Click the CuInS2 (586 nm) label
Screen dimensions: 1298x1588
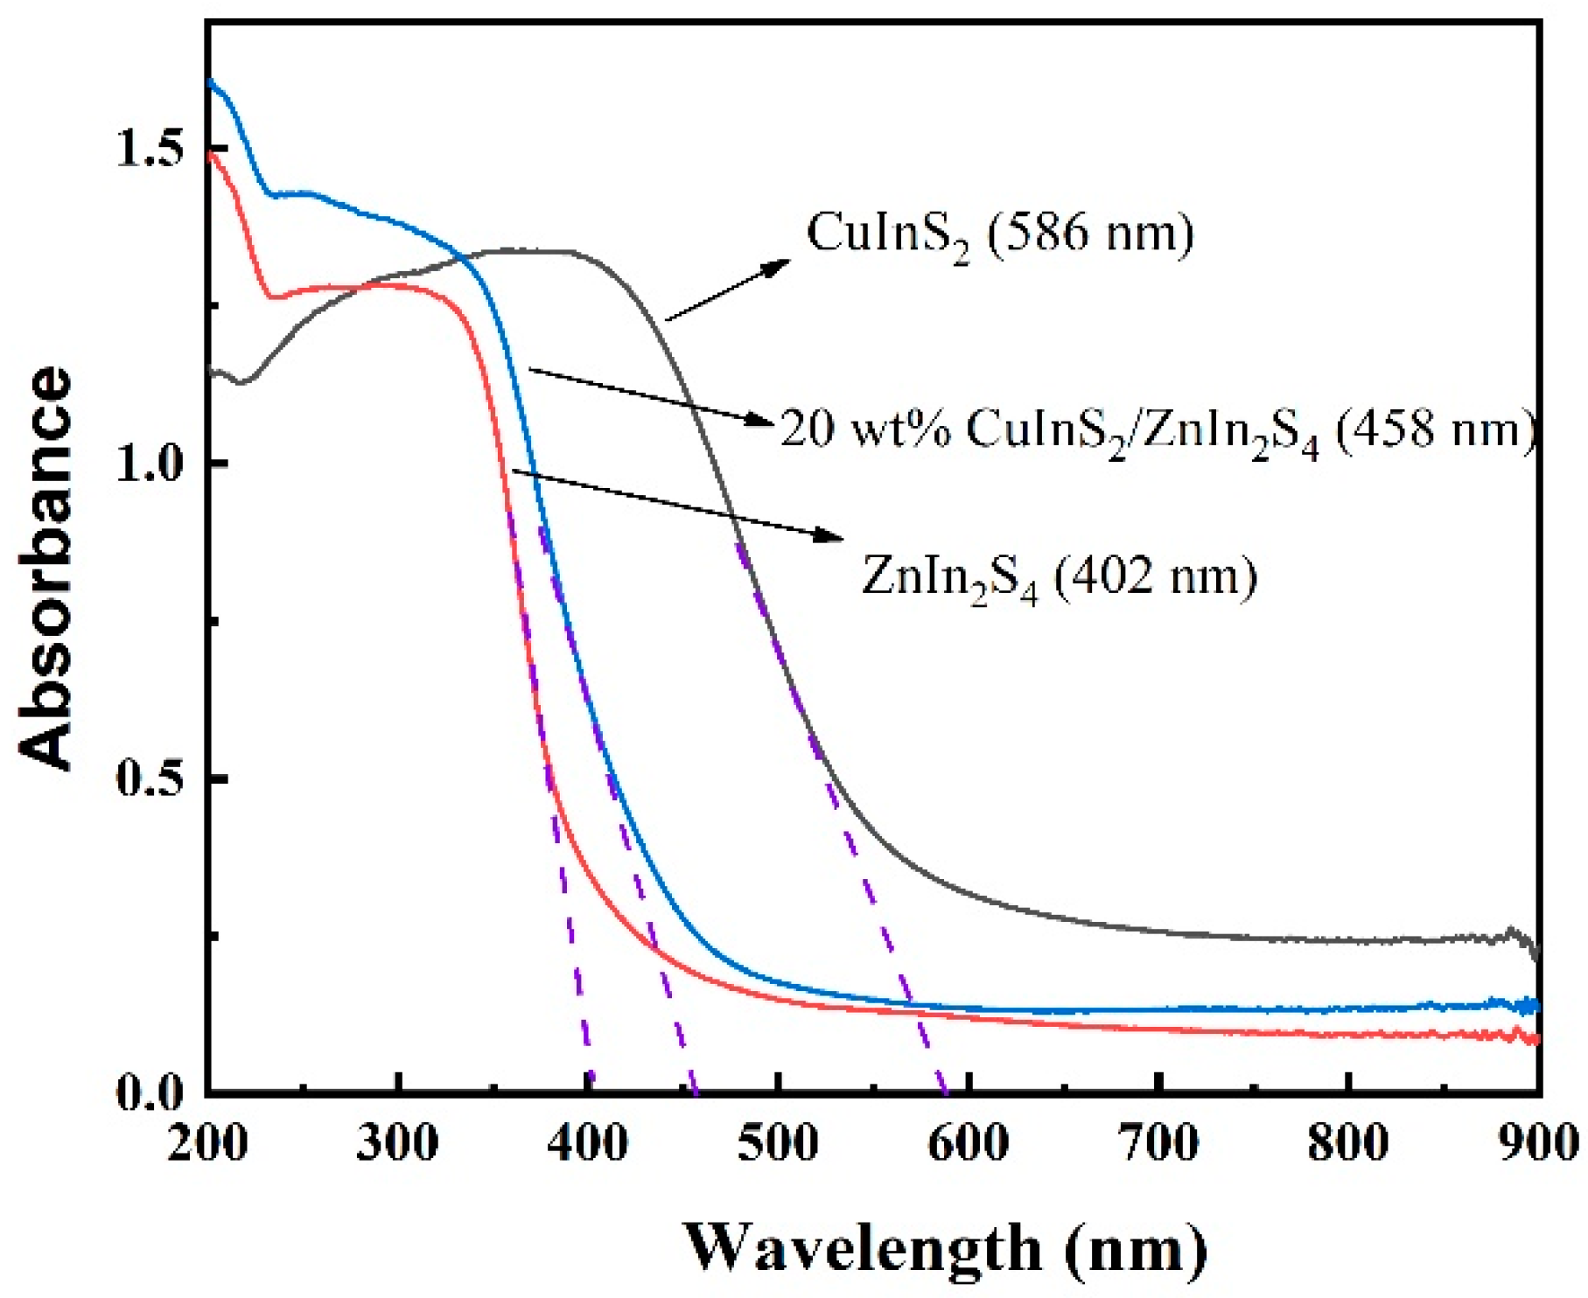pyautogui.click(x=999, y=234)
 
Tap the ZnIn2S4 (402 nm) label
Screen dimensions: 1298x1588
pyautogui.click(x=1059, y=578)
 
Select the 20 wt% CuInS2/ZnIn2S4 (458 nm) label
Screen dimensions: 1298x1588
pyautogui.click(x=1157, y=430)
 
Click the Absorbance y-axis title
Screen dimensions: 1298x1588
pyautogui.click(x=45, y=568)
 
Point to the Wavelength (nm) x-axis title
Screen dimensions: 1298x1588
pyautogui.click(x=945, y=1247)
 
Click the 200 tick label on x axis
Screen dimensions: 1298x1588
pyautogui.click(x=208, y=1141)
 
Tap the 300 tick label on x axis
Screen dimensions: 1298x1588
pyautogui.click(x=398, y=1141)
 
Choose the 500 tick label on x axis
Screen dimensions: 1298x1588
pyautogui.click(x=778, y=1141)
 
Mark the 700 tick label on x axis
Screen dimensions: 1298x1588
pyautogui.click(x=1158, y=1141)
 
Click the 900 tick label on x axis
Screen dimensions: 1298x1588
pyautogui.click(x=1536, y=1141)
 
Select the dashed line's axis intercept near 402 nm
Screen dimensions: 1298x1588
pyautogui.click(x=591, y=1092)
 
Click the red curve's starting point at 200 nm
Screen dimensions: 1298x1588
pyautogui.click(x=209, y=150)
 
